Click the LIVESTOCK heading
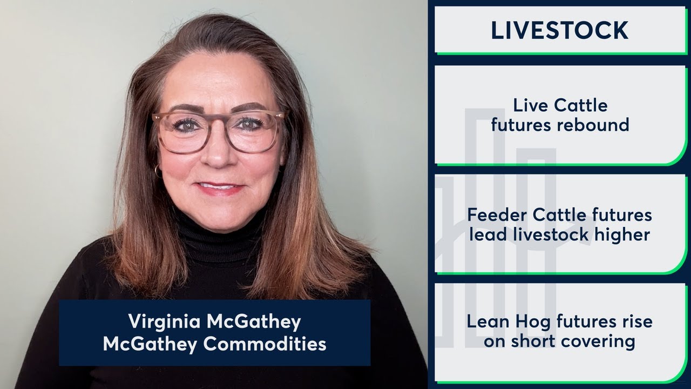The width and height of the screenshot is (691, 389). click(x=559, y=30)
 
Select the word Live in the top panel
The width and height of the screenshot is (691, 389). click(x=529, y=105)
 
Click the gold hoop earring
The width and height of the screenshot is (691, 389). click(x=158, y=171)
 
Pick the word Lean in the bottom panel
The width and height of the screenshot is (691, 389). click(x=486, y=322)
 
